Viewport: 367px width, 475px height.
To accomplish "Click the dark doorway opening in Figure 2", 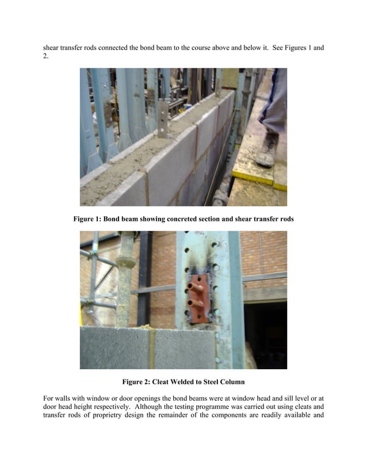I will coord(265,334).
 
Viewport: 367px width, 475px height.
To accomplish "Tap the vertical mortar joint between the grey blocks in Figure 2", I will coord(153,348).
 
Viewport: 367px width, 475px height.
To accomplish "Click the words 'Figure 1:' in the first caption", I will coord(87,219).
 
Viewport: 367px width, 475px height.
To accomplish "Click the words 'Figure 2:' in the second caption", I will coord(136,381).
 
